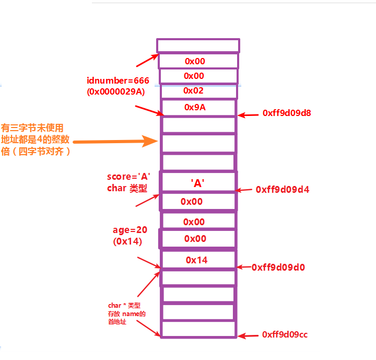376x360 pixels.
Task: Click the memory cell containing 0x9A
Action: (198, 107)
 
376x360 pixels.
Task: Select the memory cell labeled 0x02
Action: (198, 91)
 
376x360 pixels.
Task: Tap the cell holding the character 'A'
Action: (198, 183)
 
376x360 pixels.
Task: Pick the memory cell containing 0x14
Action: (198, 260)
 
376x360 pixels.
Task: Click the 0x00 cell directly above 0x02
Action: (198, 76)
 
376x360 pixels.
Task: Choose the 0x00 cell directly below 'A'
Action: (198, 201)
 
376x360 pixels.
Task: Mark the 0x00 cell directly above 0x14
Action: (198, 239)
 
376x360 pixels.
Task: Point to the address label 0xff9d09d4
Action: (283, 190)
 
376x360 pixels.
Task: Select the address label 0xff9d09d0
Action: (278, 267)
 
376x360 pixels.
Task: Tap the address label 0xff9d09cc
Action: (285, 334)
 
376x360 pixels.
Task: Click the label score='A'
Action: (129, 177)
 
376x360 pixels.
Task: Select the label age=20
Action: (129, 230)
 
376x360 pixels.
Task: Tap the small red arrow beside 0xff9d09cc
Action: (249, 335)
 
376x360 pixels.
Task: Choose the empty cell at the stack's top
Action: (198, 45)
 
